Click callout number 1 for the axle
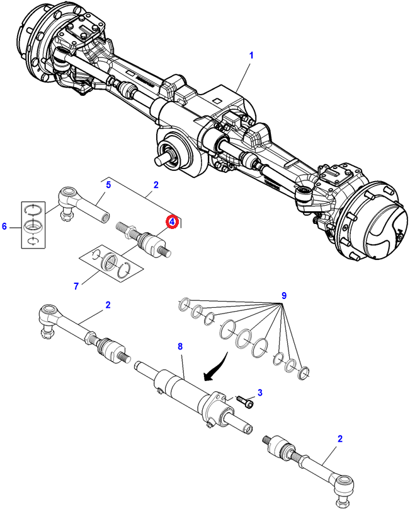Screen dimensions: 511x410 (x=251, y=56)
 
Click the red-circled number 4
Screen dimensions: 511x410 (x=171, y=221)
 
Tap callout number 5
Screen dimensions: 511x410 (x=108, y=185)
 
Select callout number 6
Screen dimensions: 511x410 (x=6, y=225)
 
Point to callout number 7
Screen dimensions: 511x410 (x=76, y=286)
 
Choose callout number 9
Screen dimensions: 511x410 (x=284, y=296)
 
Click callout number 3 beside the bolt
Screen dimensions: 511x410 (x=259, y=392)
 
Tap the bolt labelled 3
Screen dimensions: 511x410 (x=245, y=399)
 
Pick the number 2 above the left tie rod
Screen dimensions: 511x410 (x=108, y=305)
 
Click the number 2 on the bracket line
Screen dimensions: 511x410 (x=156, y=185)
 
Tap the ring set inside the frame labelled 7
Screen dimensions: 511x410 (x=113, y=261)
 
